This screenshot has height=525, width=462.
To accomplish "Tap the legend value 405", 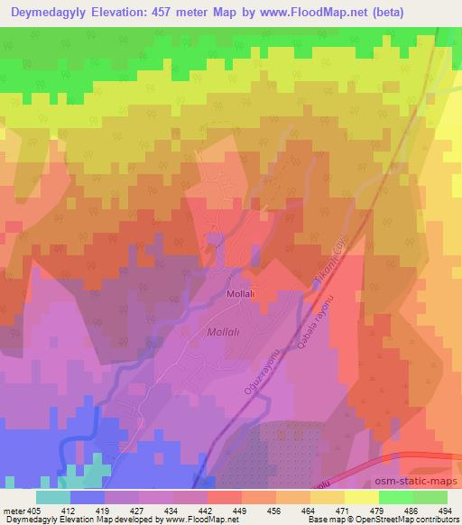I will point(34,510).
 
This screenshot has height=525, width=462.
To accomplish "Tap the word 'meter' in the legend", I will point(14,510).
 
